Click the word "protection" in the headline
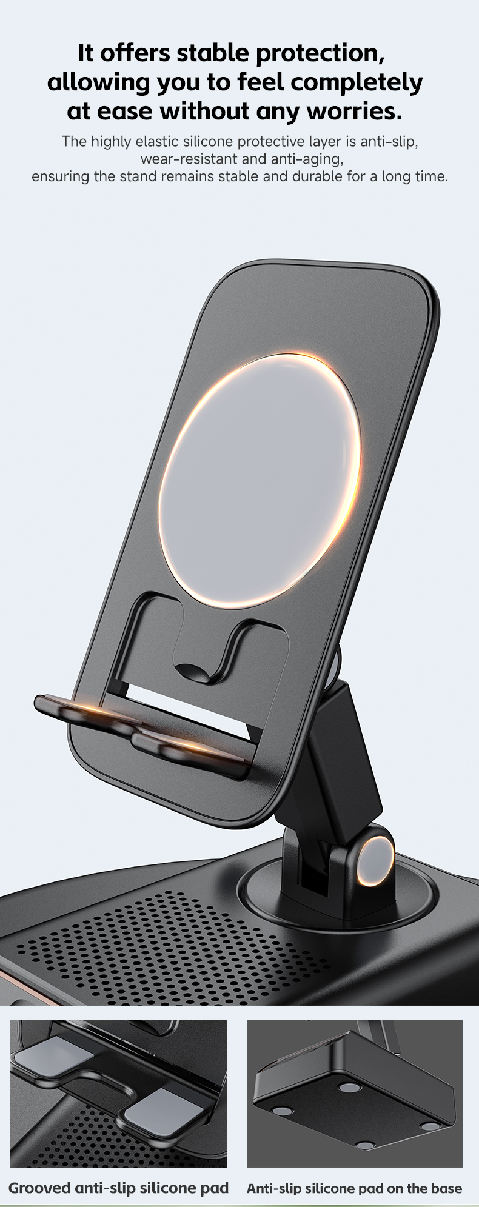click(x=320, y=53)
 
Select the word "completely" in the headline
click(x=358, y=82)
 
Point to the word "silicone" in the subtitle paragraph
click(x=208, y=142)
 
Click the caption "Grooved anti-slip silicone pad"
click(x=118, y=1188)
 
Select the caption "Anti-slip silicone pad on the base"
click(x=354, y=1189)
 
